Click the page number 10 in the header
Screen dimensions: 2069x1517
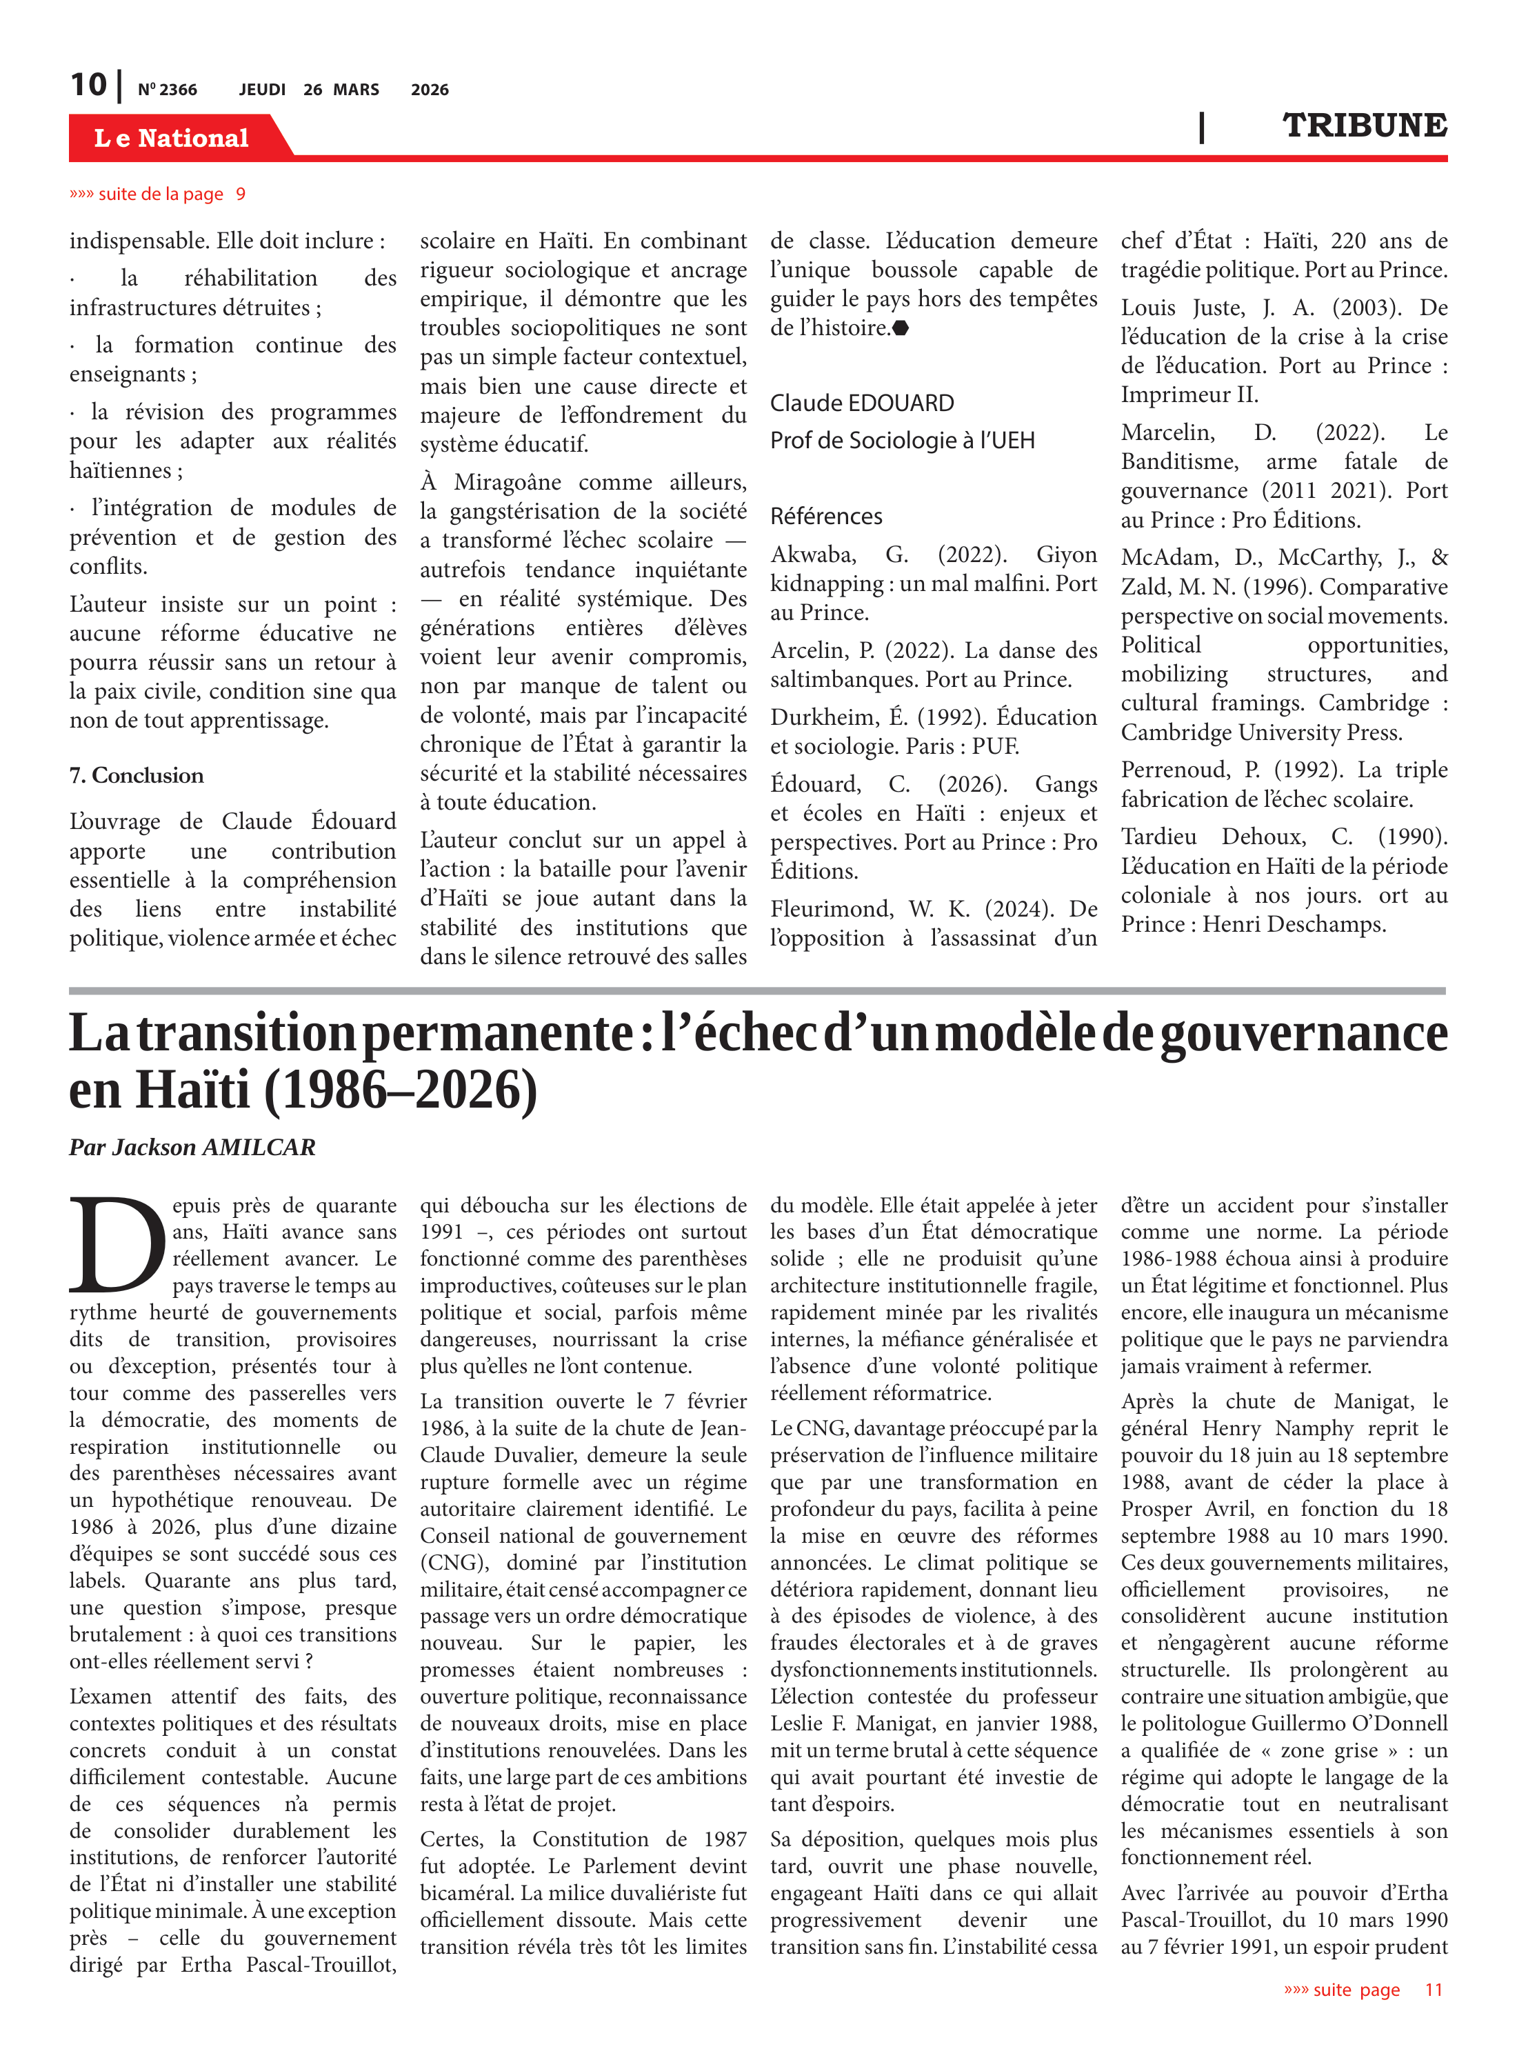tap(88, 85)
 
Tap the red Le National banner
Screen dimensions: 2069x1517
tap(172, 138)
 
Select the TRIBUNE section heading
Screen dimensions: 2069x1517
tap(1364, 125)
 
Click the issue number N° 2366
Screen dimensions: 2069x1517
tap(167, 90)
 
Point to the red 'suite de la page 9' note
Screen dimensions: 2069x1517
tap(157, 194)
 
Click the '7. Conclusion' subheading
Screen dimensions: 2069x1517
tap(136, 775)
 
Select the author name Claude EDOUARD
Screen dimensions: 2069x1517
tap(861, 403)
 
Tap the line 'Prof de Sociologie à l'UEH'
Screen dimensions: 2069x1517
tap(902, 441)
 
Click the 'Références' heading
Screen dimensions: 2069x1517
tap(825, 516)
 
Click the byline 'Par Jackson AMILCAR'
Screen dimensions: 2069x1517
tap(192, 1147)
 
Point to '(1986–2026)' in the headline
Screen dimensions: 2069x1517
tap(401, 1090)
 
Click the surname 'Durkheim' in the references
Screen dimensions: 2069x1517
tap(812, 717)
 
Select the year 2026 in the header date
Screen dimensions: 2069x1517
tap(430, 90)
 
